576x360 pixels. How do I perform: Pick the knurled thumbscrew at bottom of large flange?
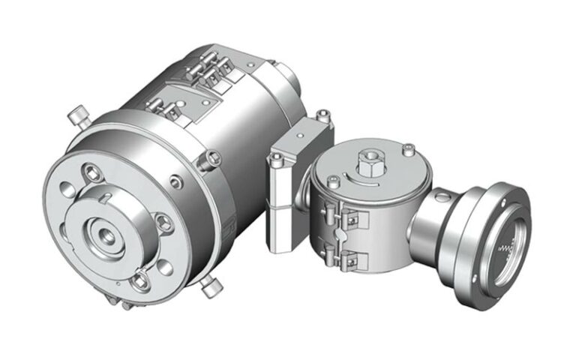click(x=209, y=286)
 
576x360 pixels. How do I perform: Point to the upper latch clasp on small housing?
click(x=349, y=218)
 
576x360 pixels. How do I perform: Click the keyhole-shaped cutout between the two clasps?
click(x=340, y=238)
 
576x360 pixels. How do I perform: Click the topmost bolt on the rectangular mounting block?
click(x=322, y=115)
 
